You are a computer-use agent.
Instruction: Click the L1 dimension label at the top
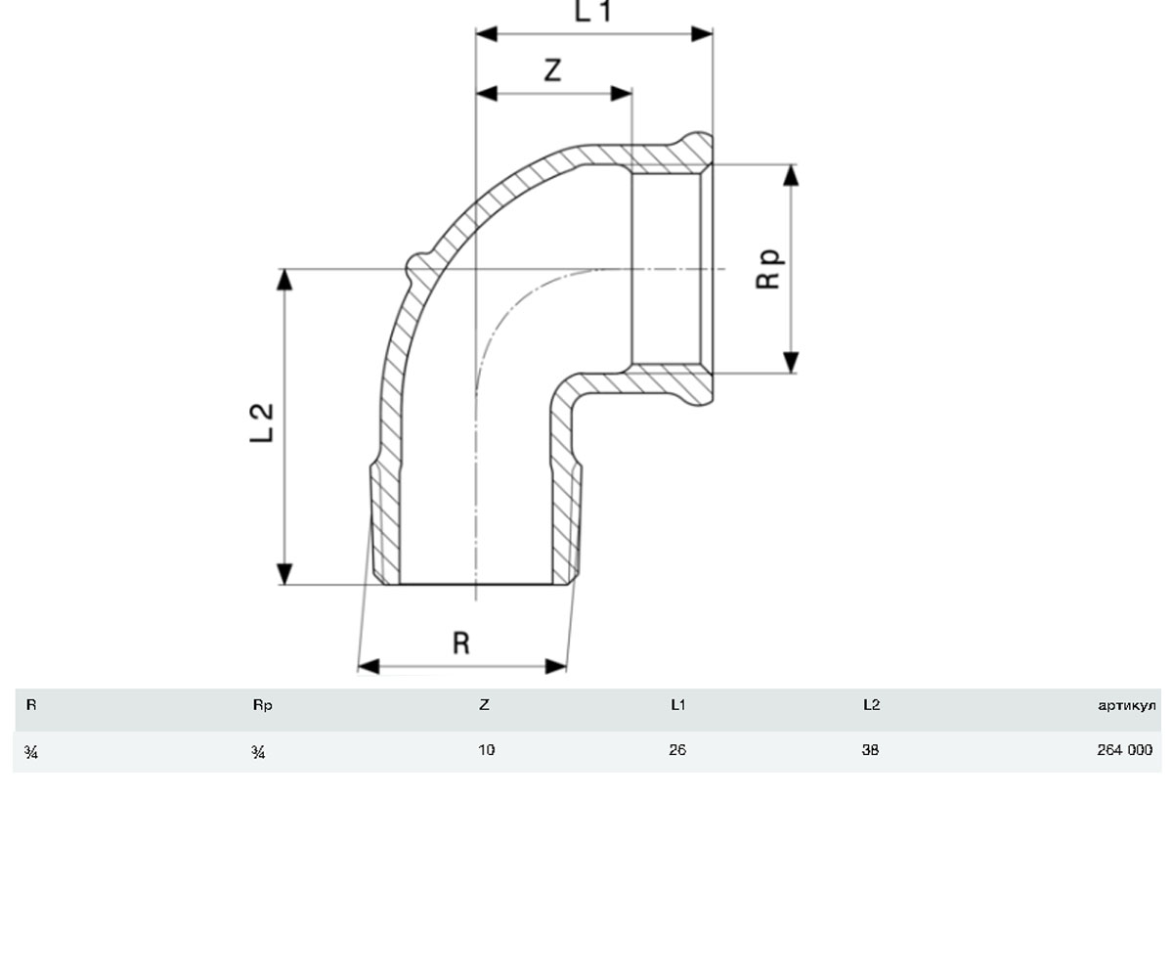click(x=592, y=11)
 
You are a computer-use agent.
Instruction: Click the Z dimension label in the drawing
click(x=553, y=70)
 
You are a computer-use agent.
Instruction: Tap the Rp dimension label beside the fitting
click(x=768, y=269)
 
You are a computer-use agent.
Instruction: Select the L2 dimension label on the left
click(x=261, y=423)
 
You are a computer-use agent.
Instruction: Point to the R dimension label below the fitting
click(x=461, y=643)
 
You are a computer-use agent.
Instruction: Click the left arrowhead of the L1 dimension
click(x=487, y=33)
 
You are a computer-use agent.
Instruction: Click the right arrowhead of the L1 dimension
click(x=702, y=33)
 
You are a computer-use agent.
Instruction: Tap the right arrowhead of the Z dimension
click(x=622, y=93)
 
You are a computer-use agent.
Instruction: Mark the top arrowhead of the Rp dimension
click(x=791, y=175)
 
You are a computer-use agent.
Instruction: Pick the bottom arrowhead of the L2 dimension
click(x=284, y=574)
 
